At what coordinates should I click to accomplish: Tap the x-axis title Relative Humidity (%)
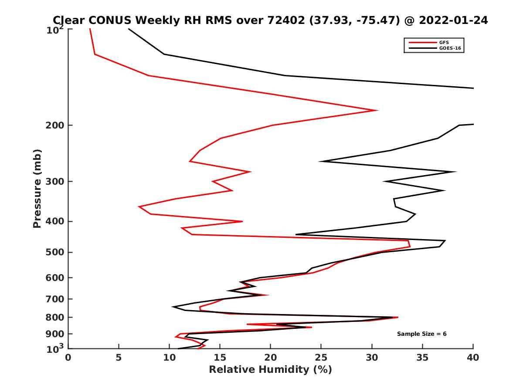pyautogui.click(x=270, y=370)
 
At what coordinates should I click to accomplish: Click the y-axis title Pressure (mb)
pyautogui.click(x=37, y=188)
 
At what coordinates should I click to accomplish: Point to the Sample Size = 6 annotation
pyautogui.click(x=421, y=334)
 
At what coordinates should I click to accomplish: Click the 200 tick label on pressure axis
pyautogui.click(x=56, y=125)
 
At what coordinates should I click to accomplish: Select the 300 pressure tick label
pyautogui.click(x=56, y=181)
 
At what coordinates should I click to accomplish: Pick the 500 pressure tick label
pyautogui.click(x=56, y=252)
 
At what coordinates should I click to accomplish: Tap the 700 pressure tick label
pyautogui.click(x=56, y=299)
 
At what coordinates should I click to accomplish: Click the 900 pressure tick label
pyautogui.click(x=56, y=334)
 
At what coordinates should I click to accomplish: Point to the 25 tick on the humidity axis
pyautogui.click(x=321, y=358)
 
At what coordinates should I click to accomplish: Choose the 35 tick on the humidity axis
pyautogui.click(x=422, y=358)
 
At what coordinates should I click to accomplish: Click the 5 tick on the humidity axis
pyautogui.click(x=119, y=358)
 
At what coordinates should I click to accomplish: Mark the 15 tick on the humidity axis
pyautogui.click(x=220, y=358)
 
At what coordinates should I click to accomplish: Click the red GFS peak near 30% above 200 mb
pyautogui.click(x=377, y=110)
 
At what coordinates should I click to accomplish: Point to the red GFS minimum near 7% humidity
pyautogui.click(x=139, y=206)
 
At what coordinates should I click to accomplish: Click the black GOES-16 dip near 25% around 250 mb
pyautogui.click(x=320, y=162)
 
